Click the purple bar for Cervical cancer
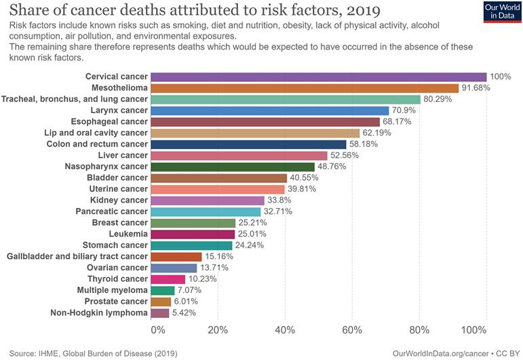[x=318, y=77]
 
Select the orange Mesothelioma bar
[x=305, y=87]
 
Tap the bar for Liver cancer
[x=239, y=155]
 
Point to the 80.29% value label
[x=439, y=99]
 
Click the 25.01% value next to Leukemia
[x=252, y=234]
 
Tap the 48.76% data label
[x=332, y=166]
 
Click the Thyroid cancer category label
[x=117, y=279]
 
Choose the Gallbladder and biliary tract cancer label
[x=77, y=256]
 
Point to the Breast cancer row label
[x=119, y=222]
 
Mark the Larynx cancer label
[x=119, y=110]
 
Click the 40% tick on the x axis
[x=285, y=330]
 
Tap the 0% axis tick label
[x=157, y=330]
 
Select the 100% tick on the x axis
[x=474, y=330]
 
